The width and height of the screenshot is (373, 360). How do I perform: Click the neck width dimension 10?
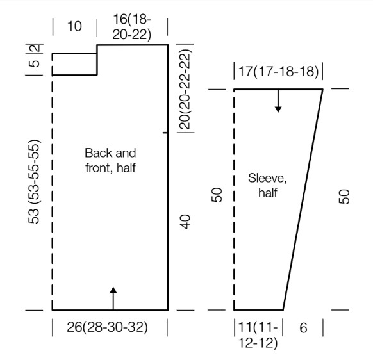coord(75,26)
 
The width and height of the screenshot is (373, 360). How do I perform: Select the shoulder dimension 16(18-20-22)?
coord(132,27)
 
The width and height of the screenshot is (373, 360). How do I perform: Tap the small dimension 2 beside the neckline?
coord(36,49)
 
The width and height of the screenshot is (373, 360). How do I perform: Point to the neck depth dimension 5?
coord(35,63)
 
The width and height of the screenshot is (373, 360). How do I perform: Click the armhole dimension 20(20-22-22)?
coord(186,89)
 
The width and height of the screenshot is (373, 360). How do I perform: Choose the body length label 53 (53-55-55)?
coord(34,181)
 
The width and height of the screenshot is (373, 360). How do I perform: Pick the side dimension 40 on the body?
coord(186,222)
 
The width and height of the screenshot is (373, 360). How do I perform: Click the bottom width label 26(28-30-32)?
coord(107,327)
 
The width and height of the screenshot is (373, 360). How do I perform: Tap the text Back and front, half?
coord(110,161)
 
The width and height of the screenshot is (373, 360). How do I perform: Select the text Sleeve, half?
coord(267,186)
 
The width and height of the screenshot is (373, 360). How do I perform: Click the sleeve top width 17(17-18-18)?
coord(279,71)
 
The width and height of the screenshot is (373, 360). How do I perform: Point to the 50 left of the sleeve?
coord(217,195)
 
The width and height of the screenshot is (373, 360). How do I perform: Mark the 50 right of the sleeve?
coord(344,197)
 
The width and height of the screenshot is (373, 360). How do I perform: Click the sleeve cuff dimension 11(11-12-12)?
coord(258,335)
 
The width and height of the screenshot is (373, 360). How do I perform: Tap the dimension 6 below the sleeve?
coord(303,328)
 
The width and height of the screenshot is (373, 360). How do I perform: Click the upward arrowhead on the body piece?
coord(113,290)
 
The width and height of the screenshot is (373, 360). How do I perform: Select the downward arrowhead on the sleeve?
coord(278,110)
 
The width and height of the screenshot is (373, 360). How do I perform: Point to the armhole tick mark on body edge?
coord(165,133)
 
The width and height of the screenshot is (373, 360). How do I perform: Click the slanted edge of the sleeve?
coord(303,200)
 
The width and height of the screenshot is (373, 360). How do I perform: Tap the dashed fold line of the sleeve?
coord(235,200)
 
